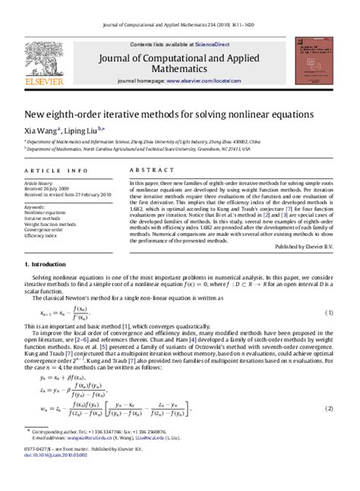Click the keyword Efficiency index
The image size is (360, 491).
[x=42, y=236]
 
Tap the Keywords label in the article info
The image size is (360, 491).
[x=35, y=206]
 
